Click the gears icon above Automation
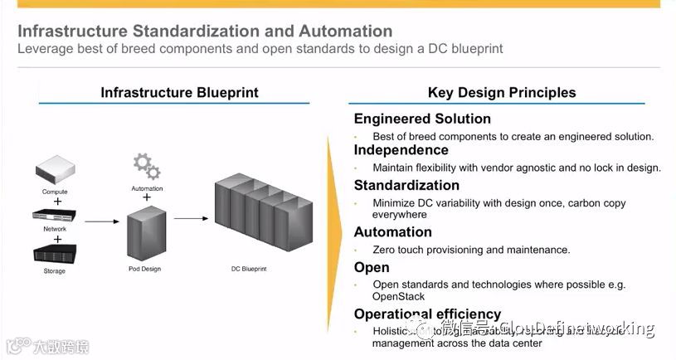[x=147, y=166]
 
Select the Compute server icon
[x=56, y=173]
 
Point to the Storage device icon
[x=56, y=254]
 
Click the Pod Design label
[x=146, y=269]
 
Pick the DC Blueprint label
[x=249, y=269]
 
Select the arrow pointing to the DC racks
[x=190, y=219]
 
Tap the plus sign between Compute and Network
[x=57, y=202]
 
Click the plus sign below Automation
[x=147, y=198]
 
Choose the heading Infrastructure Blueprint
[x=179, y=92]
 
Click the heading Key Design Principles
[x=501, y=93]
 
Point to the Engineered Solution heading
[x=422, y=119]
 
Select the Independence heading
[x=401, y=150]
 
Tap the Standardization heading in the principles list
[x=406, y=185]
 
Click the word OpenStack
[x=398, y=296]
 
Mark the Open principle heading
[x=371, y=267]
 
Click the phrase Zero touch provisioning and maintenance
[x=471, y=250]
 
